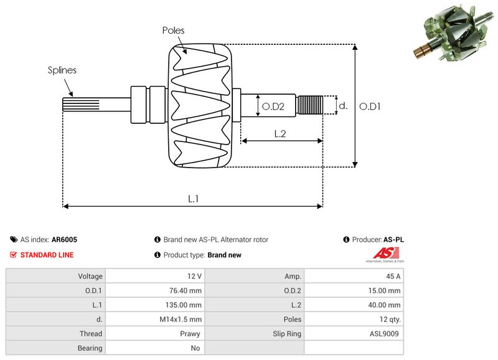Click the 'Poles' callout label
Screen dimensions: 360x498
173,30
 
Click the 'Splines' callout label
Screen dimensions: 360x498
62,70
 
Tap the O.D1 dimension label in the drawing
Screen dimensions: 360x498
370,107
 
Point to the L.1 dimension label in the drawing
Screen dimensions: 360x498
194,199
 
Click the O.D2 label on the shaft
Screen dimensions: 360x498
272,107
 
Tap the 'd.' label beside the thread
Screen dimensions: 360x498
342,106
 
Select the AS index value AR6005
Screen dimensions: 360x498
65,239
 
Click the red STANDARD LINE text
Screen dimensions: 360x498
47,255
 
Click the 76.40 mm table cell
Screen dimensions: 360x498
187,290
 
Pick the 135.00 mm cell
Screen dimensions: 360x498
186,305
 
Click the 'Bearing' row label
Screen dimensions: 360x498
90,348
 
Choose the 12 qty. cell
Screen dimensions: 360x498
387,319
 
